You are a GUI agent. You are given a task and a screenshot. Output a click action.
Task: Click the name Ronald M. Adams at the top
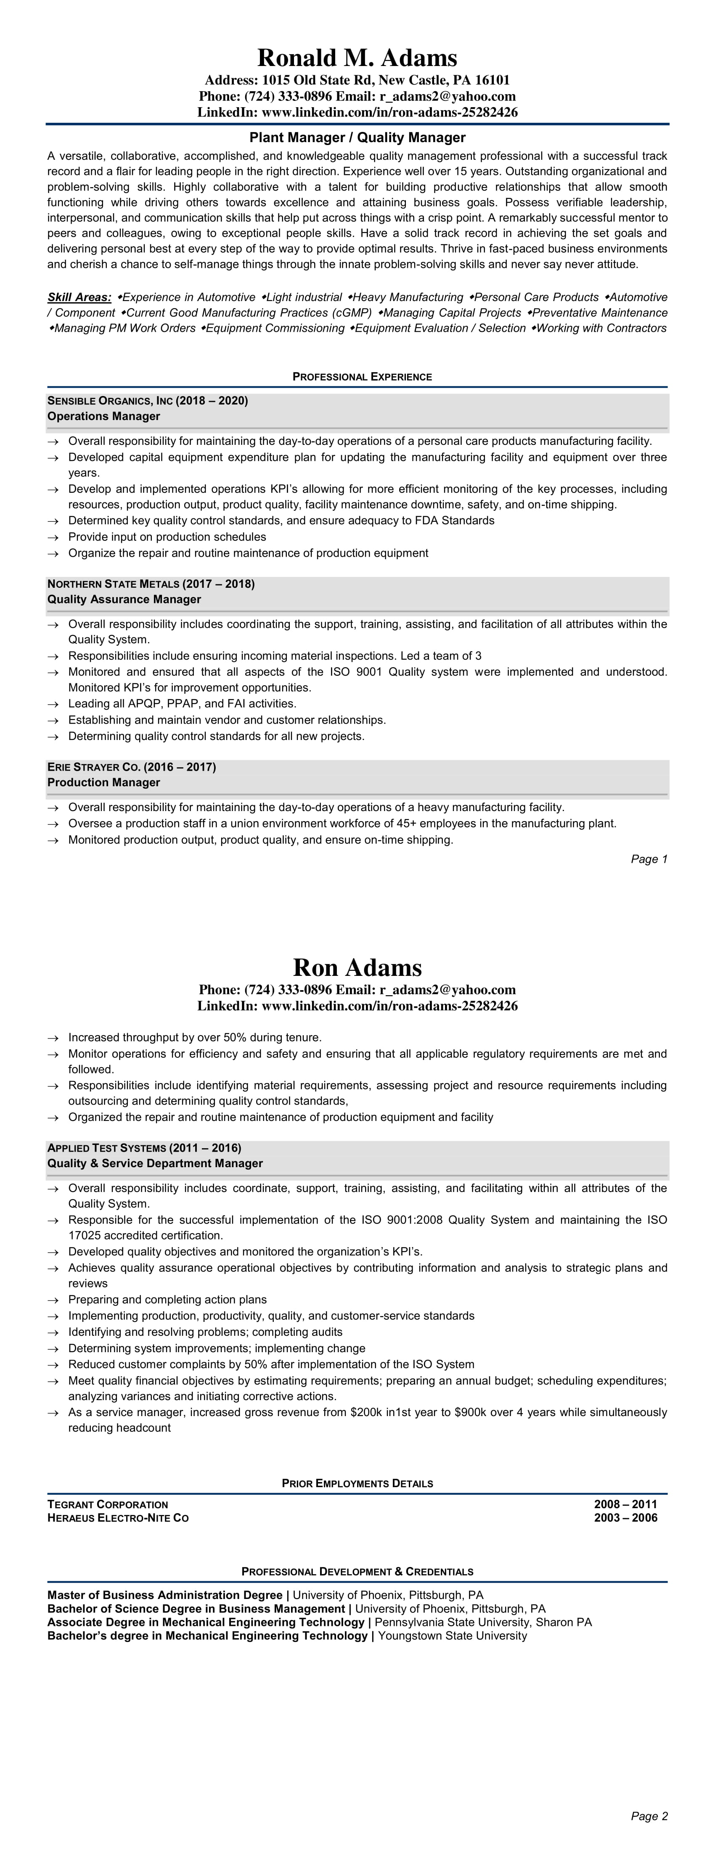click(x=357, y=58)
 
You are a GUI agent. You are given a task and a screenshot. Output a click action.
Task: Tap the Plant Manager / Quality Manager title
click(x=357, y=137)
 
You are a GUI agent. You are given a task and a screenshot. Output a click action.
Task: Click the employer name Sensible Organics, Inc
click(x=110, y=401)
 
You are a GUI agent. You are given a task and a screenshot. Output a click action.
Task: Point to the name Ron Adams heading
click(x=357, y=967)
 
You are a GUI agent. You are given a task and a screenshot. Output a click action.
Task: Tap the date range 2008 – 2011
click(x=625, y=1504)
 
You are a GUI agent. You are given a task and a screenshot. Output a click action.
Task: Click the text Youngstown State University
click(x=452, y=1636)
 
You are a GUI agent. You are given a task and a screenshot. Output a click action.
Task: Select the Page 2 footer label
click(x=649, y=1816)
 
